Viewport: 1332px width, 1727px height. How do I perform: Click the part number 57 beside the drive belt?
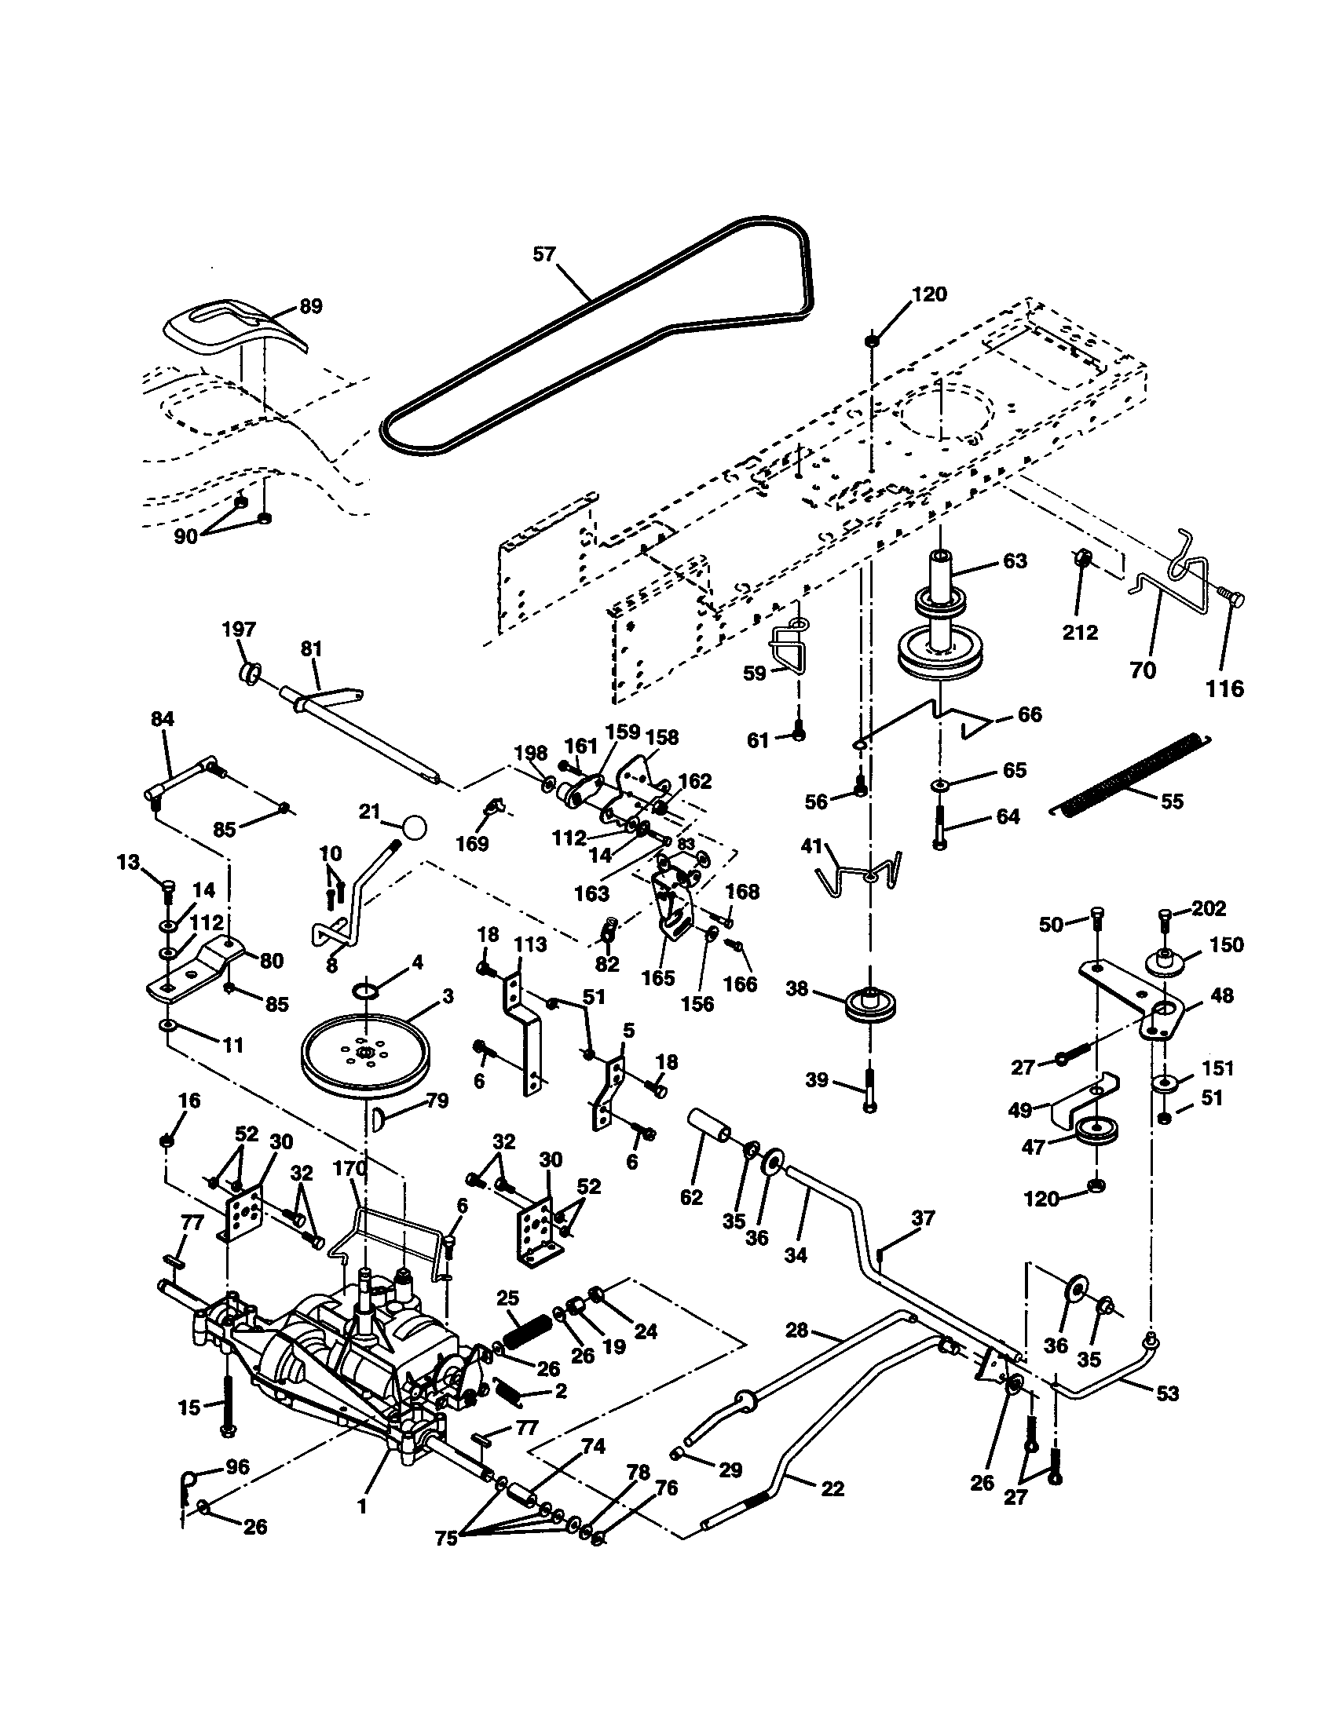click(543, 255)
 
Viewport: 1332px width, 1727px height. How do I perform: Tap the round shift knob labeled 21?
click(413, 828)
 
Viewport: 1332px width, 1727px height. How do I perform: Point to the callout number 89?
click(311, 307)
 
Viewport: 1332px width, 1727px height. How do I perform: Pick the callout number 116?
click(1224, 688)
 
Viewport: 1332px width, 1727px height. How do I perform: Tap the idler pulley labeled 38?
click(870, 1002)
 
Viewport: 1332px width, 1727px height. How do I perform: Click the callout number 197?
click(238, 630)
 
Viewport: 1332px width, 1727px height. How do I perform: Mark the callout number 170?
click(349, 1168)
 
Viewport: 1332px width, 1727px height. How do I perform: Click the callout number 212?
click(1081, 632)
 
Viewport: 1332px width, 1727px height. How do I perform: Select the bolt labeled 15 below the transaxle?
click(229, 1408)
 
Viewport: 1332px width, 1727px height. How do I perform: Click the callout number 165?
click(657, 977)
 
